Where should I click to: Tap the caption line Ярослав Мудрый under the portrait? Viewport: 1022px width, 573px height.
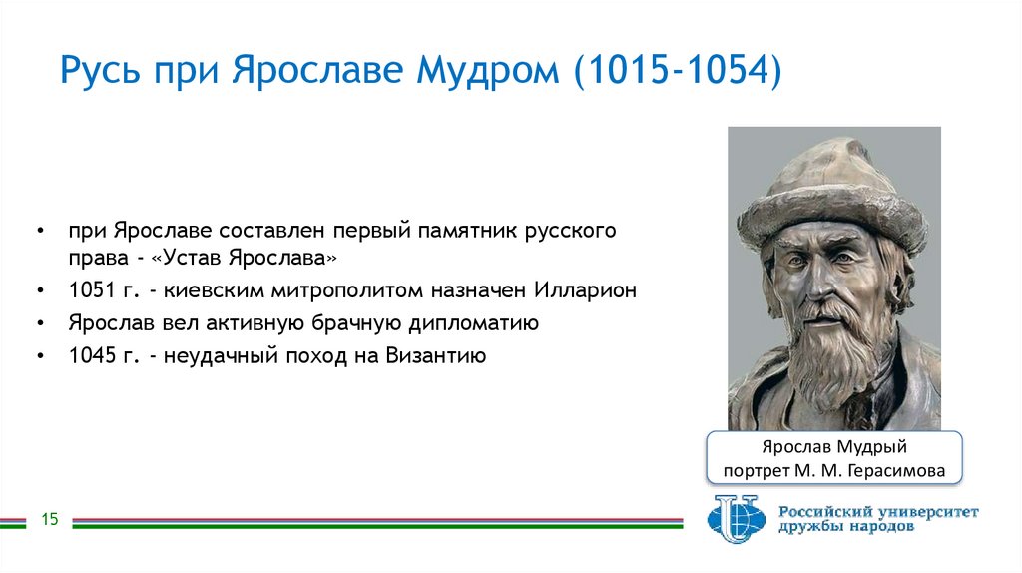pos(833,447)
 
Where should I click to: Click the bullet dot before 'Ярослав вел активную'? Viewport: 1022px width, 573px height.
pos(39,324)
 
